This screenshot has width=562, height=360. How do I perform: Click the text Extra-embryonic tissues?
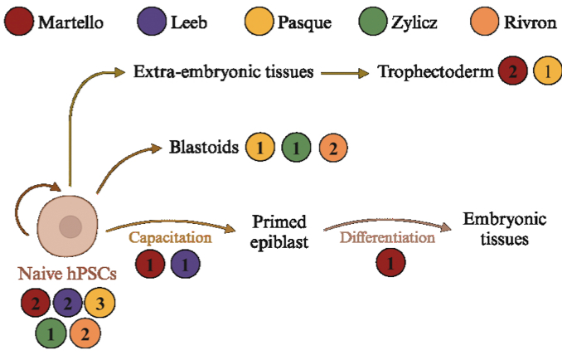pyautogui.click(x=224, y=72)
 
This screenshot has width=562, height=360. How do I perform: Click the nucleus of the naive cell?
pyautogui.click(x=70, y=225)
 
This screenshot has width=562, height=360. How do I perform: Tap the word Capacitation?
pyautogui.click(x=171, y=237)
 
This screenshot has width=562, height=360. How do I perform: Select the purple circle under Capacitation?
pyautogui.click(x=185, y=266)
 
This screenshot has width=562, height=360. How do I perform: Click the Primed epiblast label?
pyautogui.click(x=279, y=232)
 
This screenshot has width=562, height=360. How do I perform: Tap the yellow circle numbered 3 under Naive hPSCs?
pyautogui.click(x=100, y=303)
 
